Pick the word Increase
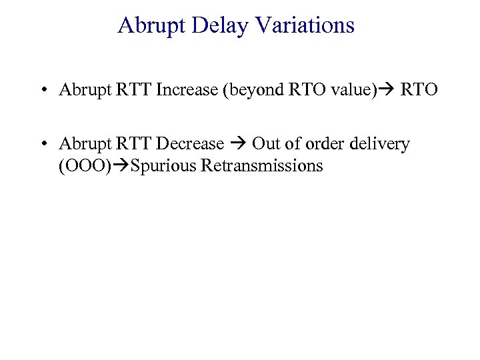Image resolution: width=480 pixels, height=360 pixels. tap(185, 90)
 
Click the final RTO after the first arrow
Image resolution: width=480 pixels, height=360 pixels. tap(419, 90)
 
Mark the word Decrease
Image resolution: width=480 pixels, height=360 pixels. tap(191, 144)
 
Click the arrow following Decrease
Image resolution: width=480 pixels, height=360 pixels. tap(238, 144)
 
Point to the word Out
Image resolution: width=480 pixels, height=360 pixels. tap(265, 144)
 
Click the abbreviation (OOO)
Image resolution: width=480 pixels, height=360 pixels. tap(85, 165)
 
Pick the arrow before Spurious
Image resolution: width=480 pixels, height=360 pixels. tap(120, 165)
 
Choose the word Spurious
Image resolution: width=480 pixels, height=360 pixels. tap(162, 165)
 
